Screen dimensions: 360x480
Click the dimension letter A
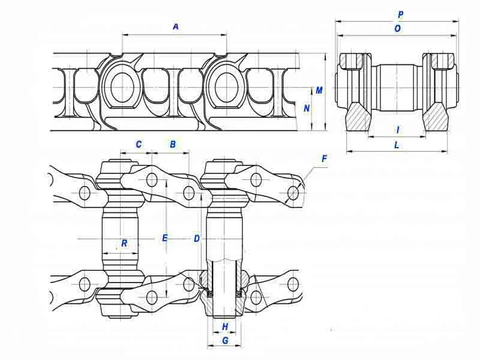click(x=176, y=26)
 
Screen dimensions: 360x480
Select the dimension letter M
click(x=319, y=91)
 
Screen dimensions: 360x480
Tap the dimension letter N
click(x=307, y=109)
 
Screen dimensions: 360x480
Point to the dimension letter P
click(x=400, y=13)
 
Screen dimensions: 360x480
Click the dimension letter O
click(x=398, y=28)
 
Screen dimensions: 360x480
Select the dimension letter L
click(x=397, y=145)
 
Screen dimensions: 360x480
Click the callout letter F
click(x=324, y=159)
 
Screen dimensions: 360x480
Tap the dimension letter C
click(x=139, y=145)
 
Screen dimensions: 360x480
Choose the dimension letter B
click(x=173, y=145)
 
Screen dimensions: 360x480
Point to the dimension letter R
click(x=124, y=243)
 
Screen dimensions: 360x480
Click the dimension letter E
click(x=165, y=238)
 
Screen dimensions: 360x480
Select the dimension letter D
click(x=197, y=238)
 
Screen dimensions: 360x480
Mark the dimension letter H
click(x=225, y=326)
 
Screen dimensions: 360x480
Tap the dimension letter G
click(x=225, y=340)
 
